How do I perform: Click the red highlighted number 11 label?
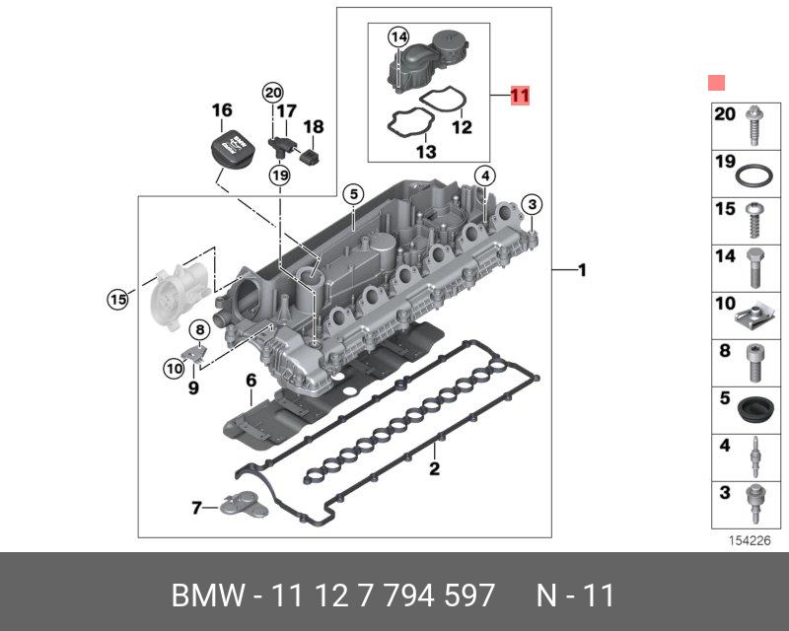(x=520, y=96)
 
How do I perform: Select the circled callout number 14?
(x=397, y=37)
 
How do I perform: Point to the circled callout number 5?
(x=349, y=194)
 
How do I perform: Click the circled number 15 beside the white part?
(x=118, y=299)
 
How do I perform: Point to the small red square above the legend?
(x=717, y=83)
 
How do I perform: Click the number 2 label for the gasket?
(x=434, y=468)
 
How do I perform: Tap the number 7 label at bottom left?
(x=196, y=508)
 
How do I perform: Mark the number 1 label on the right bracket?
(x=582, y=270)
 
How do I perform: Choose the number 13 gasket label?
(x=425, y=152)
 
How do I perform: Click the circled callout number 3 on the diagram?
(x=532, y=204)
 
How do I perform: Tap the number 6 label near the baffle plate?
(x=251, y=381)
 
